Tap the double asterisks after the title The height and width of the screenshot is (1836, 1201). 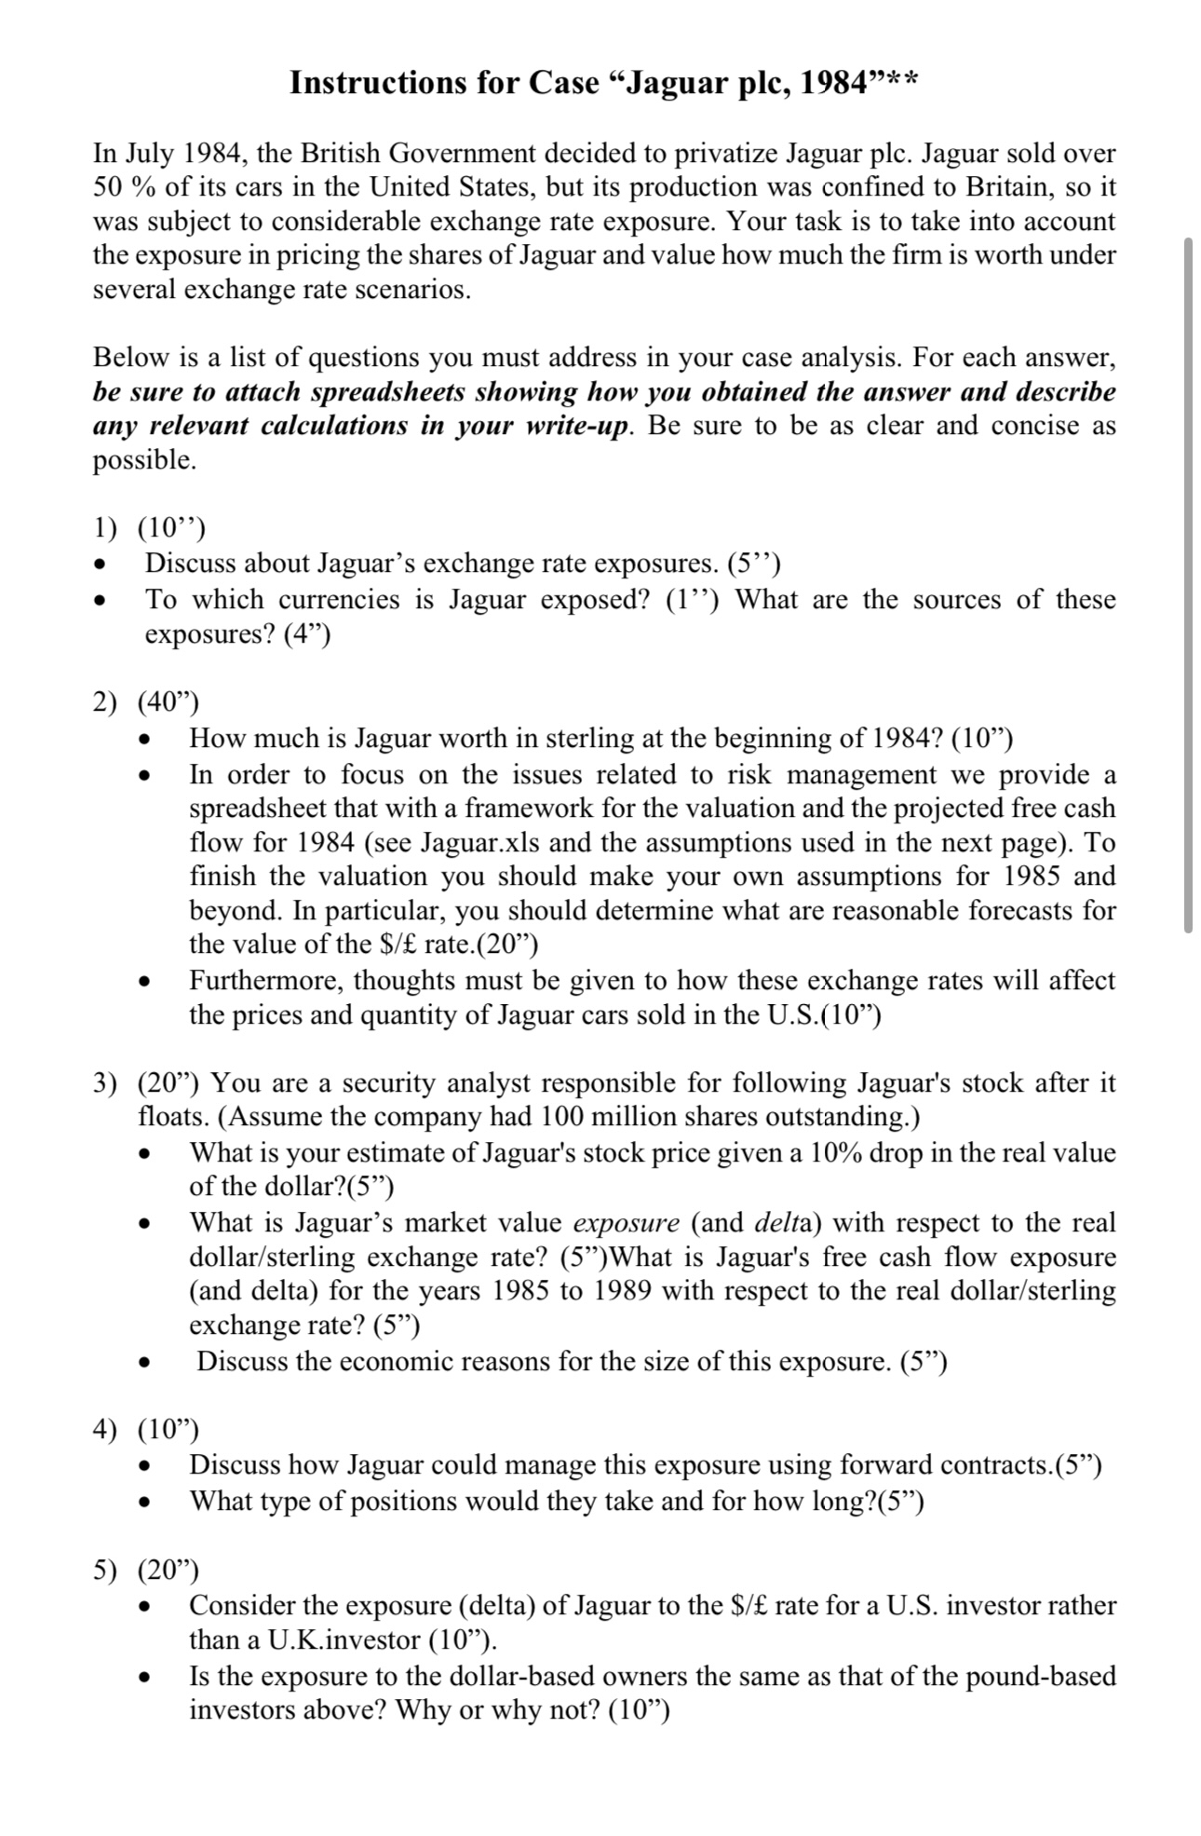[902, 79]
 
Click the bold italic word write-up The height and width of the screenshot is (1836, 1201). [572, 427]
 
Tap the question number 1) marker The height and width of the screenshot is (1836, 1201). [104, 528]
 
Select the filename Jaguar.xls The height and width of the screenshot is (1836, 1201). [482, 843]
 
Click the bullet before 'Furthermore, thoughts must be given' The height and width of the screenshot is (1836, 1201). [143, 982]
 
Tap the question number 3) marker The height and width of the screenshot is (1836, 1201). [104, 1083]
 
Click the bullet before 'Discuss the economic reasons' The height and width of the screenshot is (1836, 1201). [143, 1363]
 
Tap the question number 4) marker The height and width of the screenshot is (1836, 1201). [104, 1429]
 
